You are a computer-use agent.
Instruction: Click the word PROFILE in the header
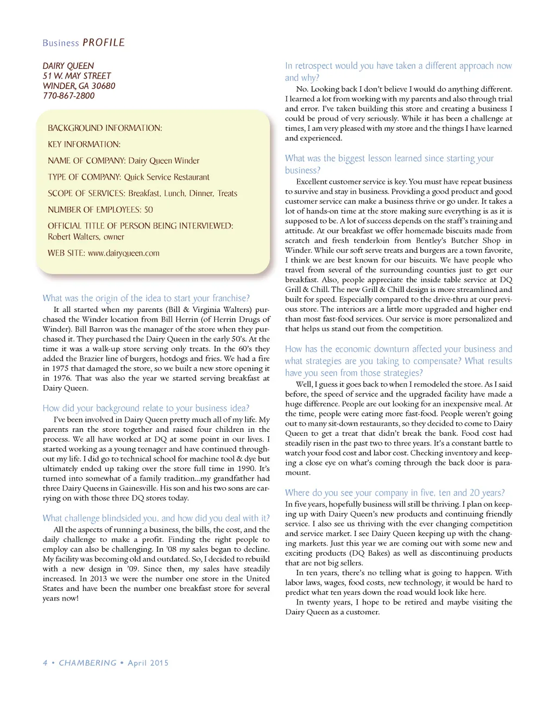point(104,43)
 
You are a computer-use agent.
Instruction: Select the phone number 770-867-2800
point(68,96)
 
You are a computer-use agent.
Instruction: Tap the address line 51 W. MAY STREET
point(77,76)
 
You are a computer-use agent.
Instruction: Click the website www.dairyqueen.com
point(124,253)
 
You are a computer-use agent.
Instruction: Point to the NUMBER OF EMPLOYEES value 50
point(148,210)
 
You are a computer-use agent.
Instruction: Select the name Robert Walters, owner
point(86,237)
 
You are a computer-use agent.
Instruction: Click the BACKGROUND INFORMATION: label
point(105,128)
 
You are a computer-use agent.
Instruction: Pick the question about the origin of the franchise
point(146,298)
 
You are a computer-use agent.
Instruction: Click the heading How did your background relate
point(146,409)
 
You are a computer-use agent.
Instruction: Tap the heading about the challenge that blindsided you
point(156,518)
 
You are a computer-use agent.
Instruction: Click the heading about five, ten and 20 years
point(395,493)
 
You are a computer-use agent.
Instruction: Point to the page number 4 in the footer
point(45,663)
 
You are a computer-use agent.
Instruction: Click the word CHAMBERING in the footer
point(87,663)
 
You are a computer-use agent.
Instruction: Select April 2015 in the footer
point(148,663)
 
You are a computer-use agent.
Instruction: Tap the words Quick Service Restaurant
point(167,177)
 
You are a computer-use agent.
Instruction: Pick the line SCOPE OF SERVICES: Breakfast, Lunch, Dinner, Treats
point(142,194)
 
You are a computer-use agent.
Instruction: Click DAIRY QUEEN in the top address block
point(68,66)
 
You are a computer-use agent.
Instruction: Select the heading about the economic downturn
point(398,361)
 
